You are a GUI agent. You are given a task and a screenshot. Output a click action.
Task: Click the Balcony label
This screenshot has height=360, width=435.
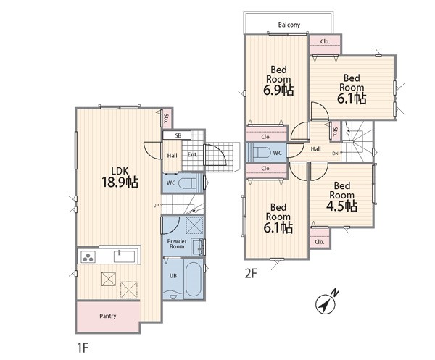pos(289,25)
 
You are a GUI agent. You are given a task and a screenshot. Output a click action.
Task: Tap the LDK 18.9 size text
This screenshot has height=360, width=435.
pos(120,183)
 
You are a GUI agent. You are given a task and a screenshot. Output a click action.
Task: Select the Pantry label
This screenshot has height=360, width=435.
pos(107,316)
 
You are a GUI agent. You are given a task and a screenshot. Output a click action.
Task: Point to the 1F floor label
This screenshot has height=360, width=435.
pos(83,348)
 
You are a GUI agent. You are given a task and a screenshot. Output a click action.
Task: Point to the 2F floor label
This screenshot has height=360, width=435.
pos(251,274)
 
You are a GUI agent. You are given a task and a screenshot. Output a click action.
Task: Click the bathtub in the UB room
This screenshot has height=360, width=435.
pos(194,279)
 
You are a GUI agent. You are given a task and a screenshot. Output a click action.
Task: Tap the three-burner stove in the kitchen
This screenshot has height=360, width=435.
pos(88,256)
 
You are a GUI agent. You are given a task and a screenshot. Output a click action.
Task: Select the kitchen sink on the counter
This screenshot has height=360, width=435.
pos(124,256)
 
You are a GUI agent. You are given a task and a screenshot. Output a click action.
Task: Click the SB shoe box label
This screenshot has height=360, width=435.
pos(178,135)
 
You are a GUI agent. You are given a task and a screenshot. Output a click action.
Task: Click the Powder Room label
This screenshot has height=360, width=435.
pos(177,243)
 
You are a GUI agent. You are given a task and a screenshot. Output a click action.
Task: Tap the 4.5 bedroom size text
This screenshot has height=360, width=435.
pos(341,206)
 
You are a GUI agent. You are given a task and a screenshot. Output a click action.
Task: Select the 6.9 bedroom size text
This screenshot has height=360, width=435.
pos(278,91)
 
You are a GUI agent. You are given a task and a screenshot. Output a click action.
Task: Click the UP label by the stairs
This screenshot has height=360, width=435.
pos(156,206)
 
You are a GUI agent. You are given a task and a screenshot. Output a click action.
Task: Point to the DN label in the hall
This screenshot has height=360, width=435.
pos(336,153)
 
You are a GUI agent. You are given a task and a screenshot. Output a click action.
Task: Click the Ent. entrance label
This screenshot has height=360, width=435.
pos(192,154)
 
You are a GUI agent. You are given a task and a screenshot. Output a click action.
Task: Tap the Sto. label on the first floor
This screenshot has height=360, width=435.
pos(166,118)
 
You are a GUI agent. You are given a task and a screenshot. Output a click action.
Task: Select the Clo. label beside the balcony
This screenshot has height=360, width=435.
pos(325,41)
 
